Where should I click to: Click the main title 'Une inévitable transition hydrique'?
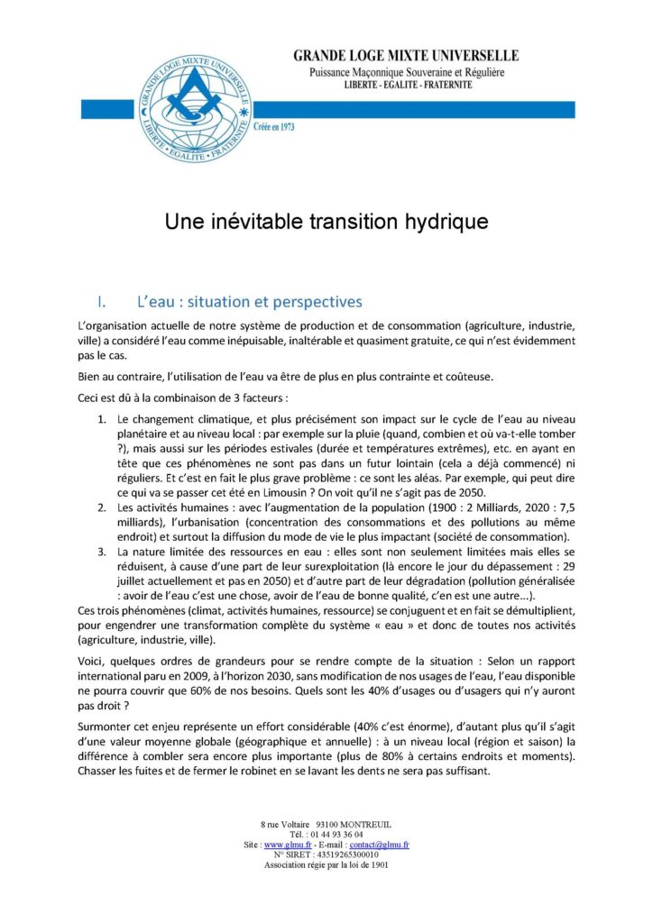pyautogui.click(x=326, y=222)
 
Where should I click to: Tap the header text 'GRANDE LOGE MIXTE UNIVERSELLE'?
pyautogui.click(x=406, y=56)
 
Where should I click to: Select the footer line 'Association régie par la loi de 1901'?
pyautogui.click(x=326, y=864)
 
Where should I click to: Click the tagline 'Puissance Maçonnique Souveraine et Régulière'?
pyautogui.click(x=406, y=71)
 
